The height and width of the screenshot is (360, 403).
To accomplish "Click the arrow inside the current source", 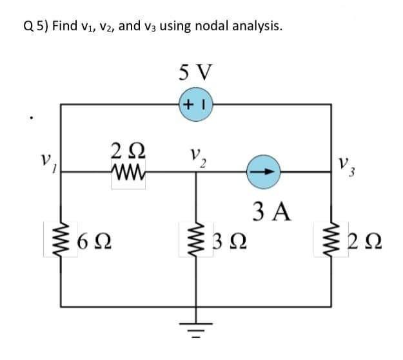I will (264, 172).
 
